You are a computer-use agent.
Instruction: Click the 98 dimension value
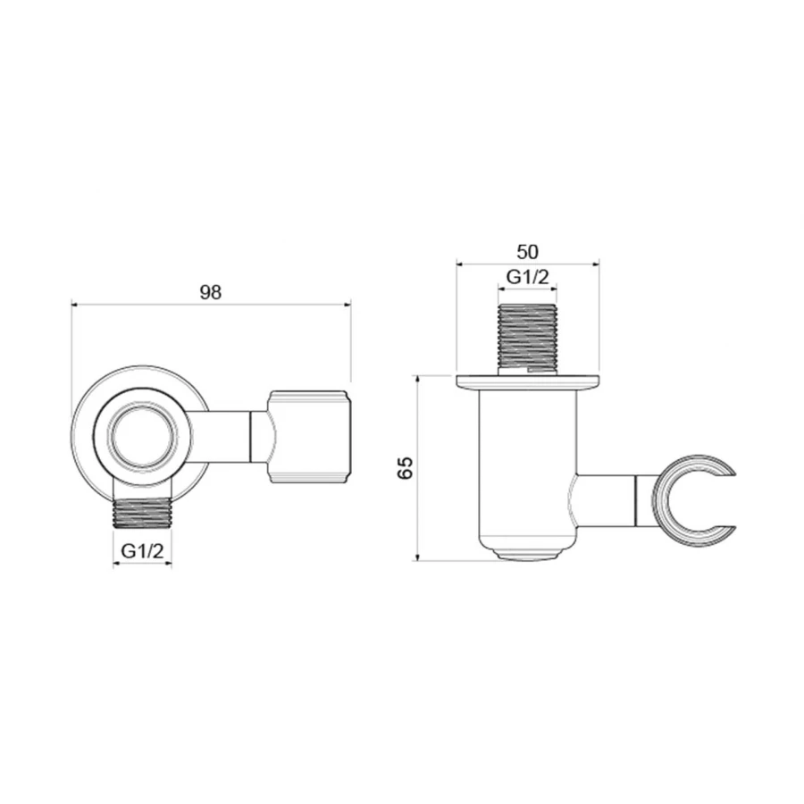click(210, 291)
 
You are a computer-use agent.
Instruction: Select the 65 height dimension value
click(406, 469)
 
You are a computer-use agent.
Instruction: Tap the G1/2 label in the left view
click(143, 551)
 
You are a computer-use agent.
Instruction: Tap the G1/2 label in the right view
click(527, 277)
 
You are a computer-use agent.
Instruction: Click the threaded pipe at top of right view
click(527, 337)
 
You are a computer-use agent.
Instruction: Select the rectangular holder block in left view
click(309, 437)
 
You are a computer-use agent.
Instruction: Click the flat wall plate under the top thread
click(527, 382)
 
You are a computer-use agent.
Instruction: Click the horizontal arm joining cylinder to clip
click(606, 499)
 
